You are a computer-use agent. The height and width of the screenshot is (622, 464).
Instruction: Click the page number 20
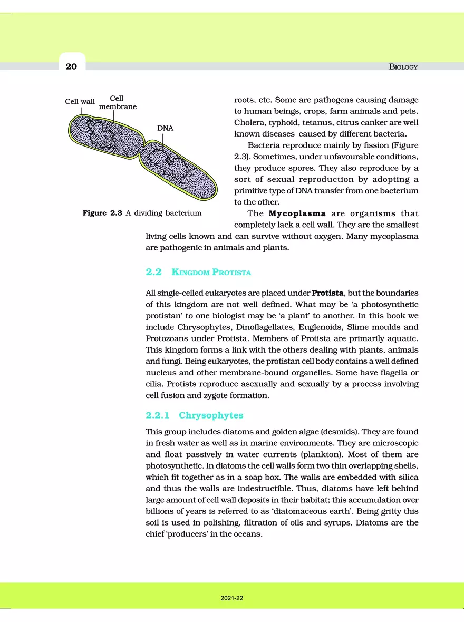(71, 66)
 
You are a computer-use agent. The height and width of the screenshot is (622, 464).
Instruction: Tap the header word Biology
(403, 67)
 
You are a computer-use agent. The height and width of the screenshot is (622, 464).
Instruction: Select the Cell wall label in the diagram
(80, 101)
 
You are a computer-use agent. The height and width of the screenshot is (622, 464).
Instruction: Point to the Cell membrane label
(118, 102)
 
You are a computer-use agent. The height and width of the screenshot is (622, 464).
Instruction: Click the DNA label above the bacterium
(165, 128)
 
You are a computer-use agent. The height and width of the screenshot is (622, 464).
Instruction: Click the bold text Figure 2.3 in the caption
(103, 213)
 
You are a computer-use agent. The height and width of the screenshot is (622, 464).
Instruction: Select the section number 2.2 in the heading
(153, 273)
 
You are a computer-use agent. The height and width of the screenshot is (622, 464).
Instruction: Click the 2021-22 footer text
(232, 598)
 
